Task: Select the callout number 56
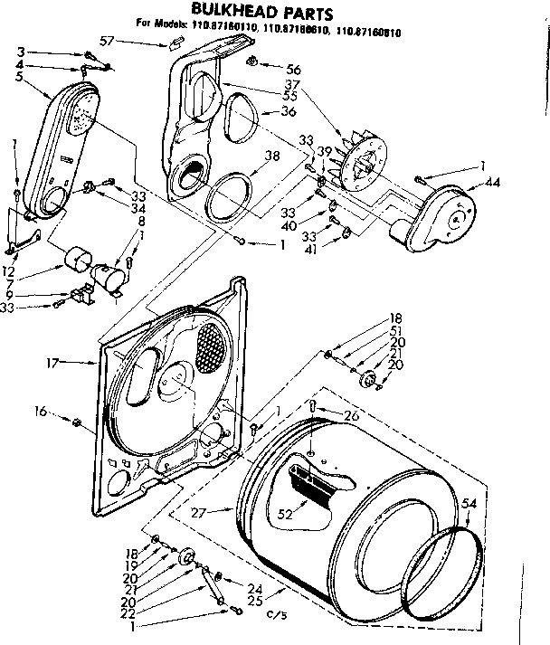[293, 69]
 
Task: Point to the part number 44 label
[492, 182]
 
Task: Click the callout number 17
[53, 362]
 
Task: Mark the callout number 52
[286, 514]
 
